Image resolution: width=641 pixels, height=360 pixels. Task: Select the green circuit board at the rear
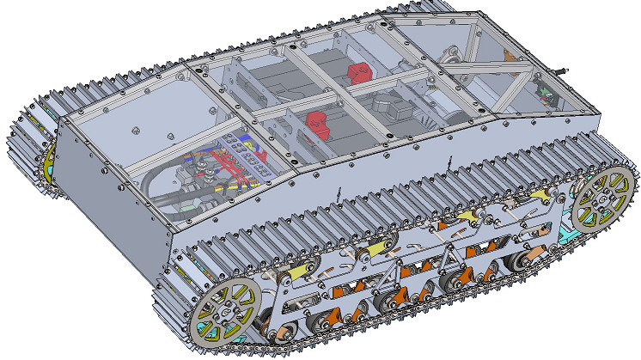[543, 92]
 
